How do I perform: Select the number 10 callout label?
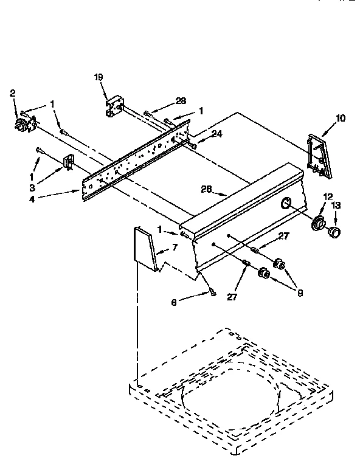(x=339, y=118)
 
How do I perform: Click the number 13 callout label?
(x=336, y=205)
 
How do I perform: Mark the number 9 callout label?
(x=300, y=292)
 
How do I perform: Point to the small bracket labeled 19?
(x=114, y=106)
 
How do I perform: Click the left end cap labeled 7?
(x=145, y=247)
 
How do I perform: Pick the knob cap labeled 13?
(x=333, y=232)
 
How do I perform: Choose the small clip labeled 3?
(x=68, y=162)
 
